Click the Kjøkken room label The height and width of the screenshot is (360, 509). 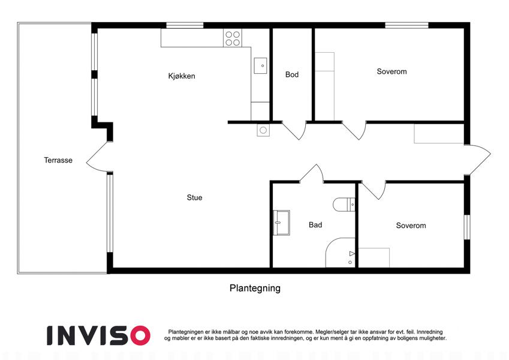coord(182,76)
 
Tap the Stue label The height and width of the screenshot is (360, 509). coord(194,197)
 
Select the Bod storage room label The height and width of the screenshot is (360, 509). coord(292,75)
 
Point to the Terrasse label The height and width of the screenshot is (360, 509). coord(58,160)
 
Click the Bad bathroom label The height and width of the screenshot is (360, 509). coord(315,225)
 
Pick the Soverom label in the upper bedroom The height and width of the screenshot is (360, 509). coord(391,71)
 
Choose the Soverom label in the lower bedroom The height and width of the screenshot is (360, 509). coord(411,226)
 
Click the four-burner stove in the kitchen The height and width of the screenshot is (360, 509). coord(233,38)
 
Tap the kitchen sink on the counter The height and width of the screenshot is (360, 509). coord(260,65)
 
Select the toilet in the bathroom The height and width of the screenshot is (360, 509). coord(344,205)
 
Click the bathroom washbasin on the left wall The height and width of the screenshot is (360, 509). coord(281,223)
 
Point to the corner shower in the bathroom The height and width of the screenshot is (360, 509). coord(340,253)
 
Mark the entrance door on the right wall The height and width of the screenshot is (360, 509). coord(477,160)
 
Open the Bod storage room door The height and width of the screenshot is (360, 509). coord(294,131)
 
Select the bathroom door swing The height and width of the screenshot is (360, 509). coord(312,173)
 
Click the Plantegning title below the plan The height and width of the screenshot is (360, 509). coord(255,289)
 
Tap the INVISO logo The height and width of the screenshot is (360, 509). coord(98,335)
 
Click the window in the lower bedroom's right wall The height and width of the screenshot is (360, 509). coord(467,227)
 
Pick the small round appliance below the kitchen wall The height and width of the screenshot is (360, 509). coord(263,130)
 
